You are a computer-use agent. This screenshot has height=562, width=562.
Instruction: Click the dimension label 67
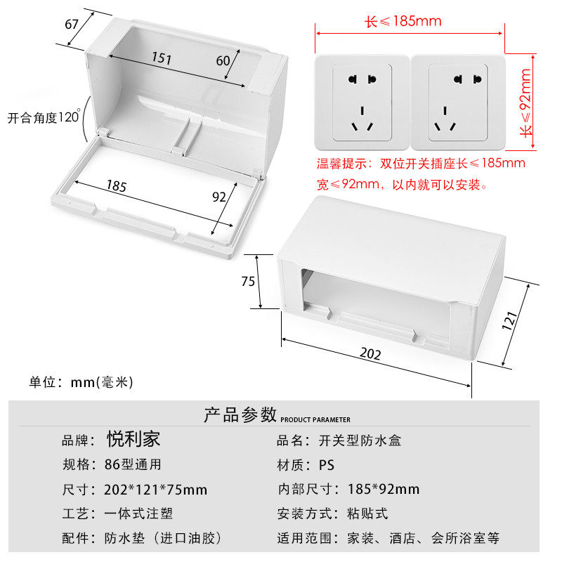(72, 24)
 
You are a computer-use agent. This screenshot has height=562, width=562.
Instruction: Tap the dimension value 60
(223, 60)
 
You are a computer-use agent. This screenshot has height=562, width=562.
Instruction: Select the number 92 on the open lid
(219, 197)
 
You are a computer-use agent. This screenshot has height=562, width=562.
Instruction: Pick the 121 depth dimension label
(511, 320)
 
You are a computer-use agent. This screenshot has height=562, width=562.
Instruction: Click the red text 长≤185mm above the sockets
(403, 21)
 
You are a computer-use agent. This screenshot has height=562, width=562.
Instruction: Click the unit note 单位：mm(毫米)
(81, 382)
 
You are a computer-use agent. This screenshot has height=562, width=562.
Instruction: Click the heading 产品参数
(240, 414)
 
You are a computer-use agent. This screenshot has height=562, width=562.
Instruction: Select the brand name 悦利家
(133, 440)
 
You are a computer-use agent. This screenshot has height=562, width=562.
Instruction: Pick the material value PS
(327, 465)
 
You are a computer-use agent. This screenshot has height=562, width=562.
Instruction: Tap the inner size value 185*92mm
(384, 490)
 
